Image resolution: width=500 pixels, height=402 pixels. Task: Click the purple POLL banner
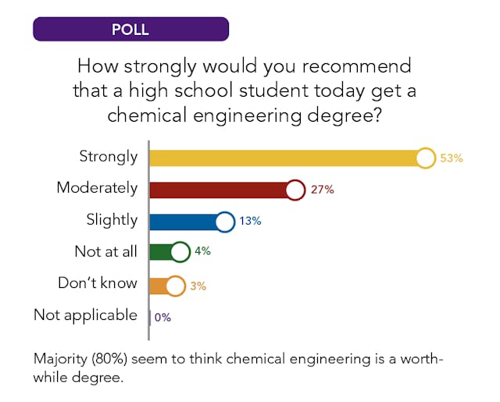130,30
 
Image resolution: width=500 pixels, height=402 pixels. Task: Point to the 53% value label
452,158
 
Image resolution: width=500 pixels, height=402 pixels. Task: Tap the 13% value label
250,222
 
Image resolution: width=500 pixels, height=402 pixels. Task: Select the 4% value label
203,252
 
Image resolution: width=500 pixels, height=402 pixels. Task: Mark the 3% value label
198,286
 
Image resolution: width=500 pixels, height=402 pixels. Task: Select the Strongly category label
108,156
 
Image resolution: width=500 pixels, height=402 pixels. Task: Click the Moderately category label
97,188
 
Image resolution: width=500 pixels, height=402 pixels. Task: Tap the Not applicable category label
85,315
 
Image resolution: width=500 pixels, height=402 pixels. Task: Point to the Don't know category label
98,283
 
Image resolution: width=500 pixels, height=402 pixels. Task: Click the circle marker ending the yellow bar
425,158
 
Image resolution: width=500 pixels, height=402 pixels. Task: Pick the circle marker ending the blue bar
224,222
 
